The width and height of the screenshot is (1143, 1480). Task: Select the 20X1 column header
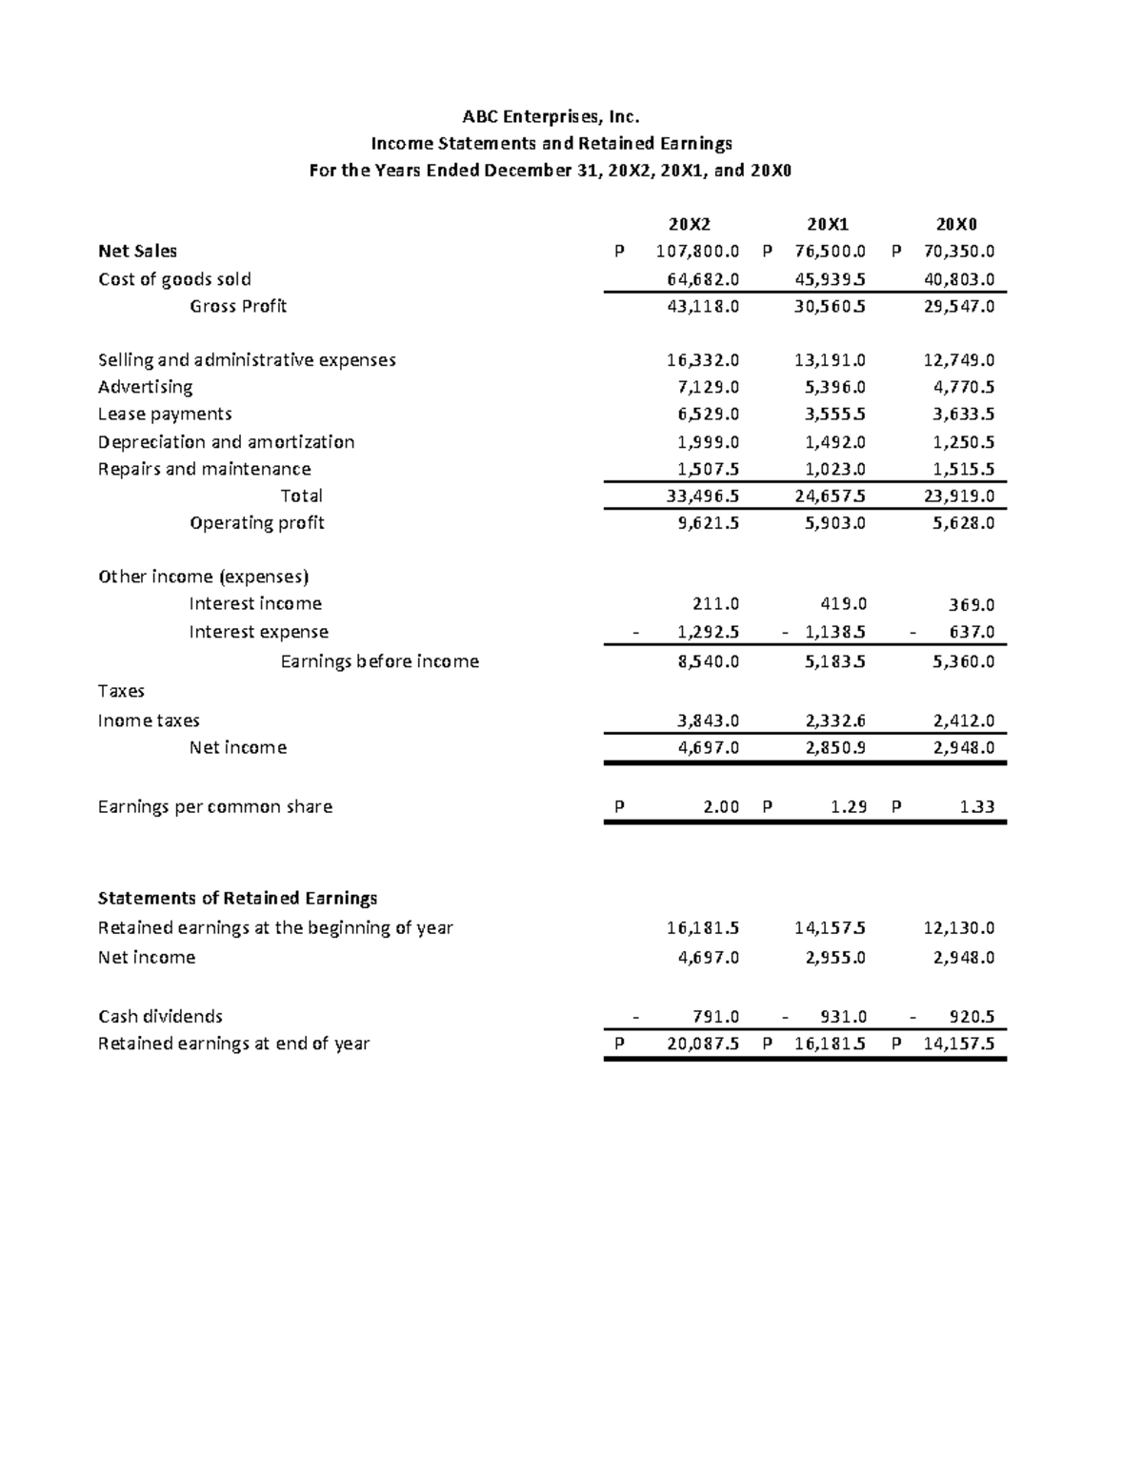[x=827, y=225]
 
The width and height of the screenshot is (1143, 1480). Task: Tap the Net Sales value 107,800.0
[x=697, y=252]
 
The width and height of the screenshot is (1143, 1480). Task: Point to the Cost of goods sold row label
[x=174, y=279]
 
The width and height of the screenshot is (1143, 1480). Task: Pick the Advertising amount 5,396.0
[x=835, y=387]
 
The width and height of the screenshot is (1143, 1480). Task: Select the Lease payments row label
[x=165, y=414]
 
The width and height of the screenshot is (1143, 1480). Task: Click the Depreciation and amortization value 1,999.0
[x=708, y=442]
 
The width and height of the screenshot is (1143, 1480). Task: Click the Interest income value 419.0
[x=843, y=603]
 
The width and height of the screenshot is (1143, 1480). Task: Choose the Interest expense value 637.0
[x=972, y=632]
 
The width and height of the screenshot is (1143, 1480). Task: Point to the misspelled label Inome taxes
[x=149, y=720]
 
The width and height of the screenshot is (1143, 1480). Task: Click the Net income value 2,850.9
[x=835, y=748]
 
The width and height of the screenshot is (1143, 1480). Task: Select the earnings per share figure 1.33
[x=977, y=806]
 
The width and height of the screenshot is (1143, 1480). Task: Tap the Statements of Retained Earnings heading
[x=237, y=898]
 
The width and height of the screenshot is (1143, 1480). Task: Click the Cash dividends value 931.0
[x=843, y=1017]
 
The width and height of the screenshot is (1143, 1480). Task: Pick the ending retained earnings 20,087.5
[x=703, y=1044]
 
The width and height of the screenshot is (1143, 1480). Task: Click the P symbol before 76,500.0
[x=768, y=252]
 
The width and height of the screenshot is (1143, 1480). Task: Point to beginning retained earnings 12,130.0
[x=958, y=928]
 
